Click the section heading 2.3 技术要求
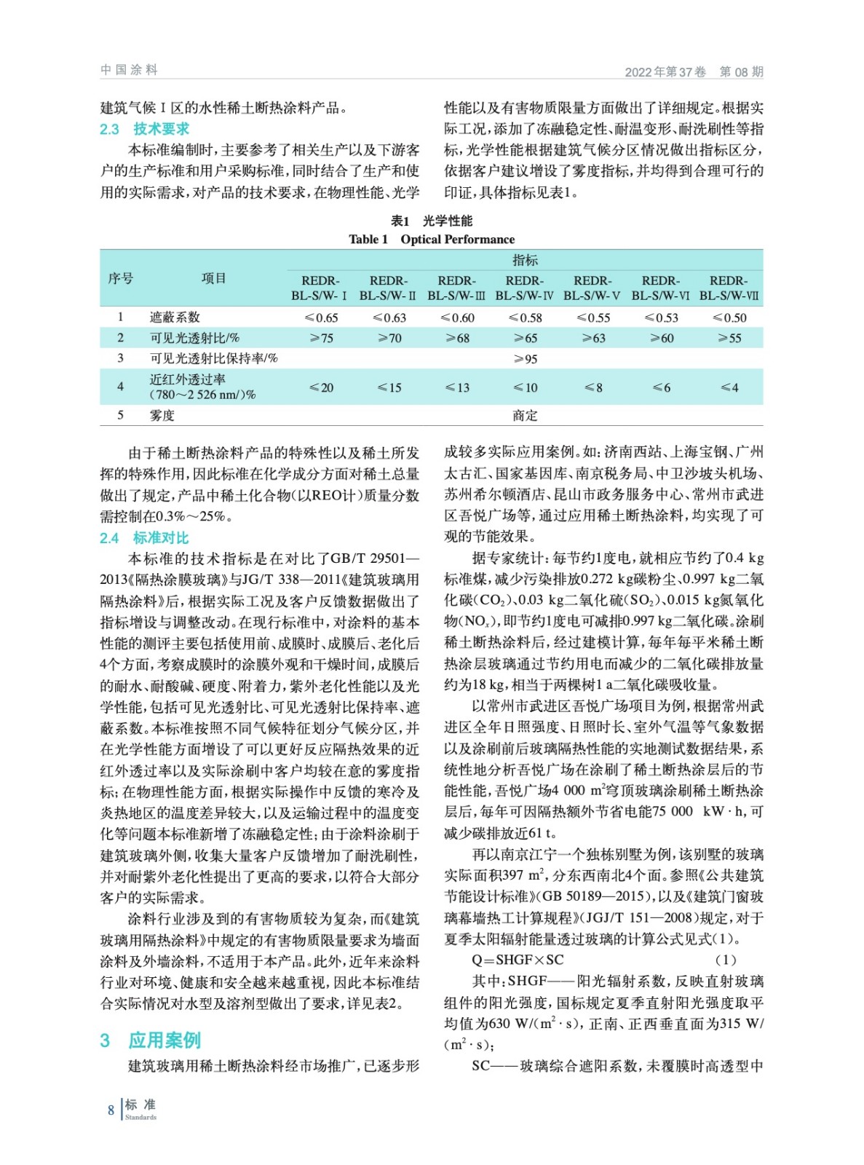pyautogui.click(x=144, y=129)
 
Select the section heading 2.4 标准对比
pyautogui.click(x=144, y=538)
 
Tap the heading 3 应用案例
pyautogui.click(x=150, y=1040)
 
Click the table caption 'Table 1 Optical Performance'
pyautogui.click(x=431, y=240)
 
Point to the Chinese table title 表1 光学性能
pyautogui.click(x=431, y=221)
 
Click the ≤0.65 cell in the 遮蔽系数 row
pyautogui.click(x=320, y=317)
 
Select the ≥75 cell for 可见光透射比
pyautogui.click(x=320, y=338)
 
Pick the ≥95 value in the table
pyautogui.click(x=525, y=359)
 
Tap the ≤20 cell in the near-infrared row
pyautogui.click(x=320, y=387)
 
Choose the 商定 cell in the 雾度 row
pyautogui.click(x=525, y=415)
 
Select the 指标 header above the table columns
pyautogui.click(x=525, y=260)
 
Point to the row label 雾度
pyautogui.click(x=162, y=415)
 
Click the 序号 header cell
pyautogui.click(x=121, y=278)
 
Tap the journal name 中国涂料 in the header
pyautogui.click(x=129, y=70)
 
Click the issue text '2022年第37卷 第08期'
pyautogui.click(x=694, y=71)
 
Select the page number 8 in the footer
pyautogui.click(x=111, y=1110)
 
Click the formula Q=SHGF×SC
pyautogui.click(x=518, y=960)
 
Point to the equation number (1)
pyautogui.click(x=726, y=960)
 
